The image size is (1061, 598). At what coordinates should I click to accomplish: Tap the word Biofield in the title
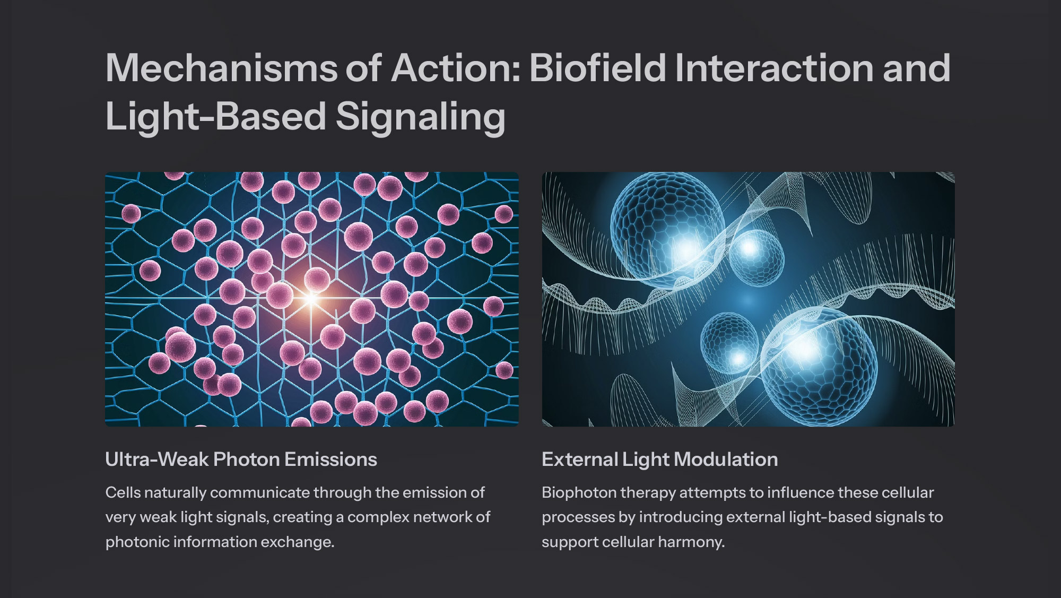coord(597,68)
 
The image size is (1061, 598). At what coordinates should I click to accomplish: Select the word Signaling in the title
coord(421,117)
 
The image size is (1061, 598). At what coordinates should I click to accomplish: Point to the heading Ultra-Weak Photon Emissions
coord(241,460)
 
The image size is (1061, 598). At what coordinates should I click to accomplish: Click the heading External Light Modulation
coord(660,460)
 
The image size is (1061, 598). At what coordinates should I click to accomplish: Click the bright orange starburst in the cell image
coord(311,299)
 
